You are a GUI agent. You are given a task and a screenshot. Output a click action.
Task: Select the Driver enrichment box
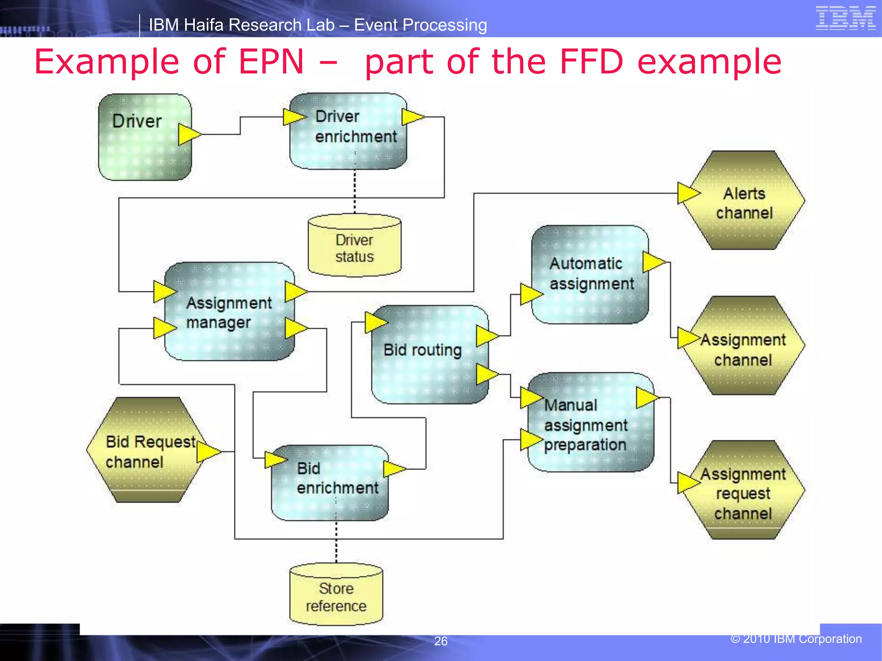click(x=348, y=131)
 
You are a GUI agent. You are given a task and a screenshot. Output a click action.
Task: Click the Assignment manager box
click(x=230, y=312)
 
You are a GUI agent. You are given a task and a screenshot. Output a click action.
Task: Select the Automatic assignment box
click(x=590, y=275)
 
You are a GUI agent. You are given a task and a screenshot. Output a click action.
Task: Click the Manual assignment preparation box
click(x=590, y=424)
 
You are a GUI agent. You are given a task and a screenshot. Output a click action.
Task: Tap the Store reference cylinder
click(x=336, y=596)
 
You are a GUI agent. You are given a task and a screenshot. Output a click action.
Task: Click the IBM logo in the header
click(x=845, y=18)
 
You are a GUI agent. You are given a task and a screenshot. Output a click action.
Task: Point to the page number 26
click(x=441, y=641)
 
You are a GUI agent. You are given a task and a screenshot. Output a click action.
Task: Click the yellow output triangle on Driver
click(x=188, y=134)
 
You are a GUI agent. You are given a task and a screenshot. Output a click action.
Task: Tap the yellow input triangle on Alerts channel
click(x=687, y=193)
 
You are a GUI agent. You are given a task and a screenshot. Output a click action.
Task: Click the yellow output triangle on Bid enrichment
click(x=393, y=469)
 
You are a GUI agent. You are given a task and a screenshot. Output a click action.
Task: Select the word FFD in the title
click(x=591, y=62)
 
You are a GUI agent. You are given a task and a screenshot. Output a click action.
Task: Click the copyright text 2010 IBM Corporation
click(x=796, y=639)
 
